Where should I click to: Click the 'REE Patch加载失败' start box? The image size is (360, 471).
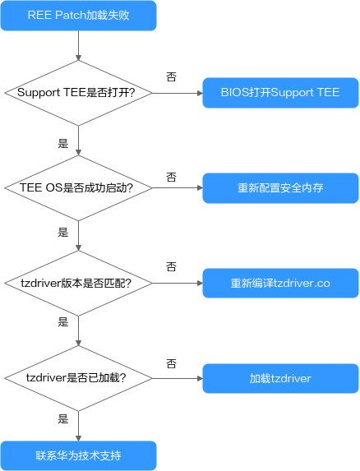point(78,16)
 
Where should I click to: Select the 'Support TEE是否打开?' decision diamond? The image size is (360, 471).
point(78,93)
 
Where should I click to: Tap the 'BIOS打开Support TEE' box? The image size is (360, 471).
point(280,93)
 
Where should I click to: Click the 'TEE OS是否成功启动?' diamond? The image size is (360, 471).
point(78,188)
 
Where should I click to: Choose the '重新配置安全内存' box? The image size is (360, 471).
point(280,188)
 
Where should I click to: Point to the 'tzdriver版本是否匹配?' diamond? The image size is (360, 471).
point(78,284)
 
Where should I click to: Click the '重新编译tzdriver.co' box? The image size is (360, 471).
point(280,284)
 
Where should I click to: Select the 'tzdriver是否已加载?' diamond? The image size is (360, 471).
point(78,378)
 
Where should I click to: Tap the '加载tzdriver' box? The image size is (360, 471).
point(280,378)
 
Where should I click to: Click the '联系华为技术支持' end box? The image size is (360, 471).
point(78,455)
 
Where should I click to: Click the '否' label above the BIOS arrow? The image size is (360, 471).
point(171,77)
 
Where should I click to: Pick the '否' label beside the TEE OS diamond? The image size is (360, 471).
point(171,177)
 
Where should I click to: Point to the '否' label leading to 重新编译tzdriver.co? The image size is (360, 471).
point(171,266)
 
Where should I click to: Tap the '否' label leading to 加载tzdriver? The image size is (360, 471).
point(171,364)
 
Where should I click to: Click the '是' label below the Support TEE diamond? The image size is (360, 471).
point(63,143)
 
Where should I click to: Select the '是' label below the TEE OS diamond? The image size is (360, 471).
point(63,232)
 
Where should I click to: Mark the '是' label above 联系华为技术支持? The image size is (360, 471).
point(63,418)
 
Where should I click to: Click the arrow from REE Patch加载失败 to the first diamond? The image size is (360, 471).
point(78,45)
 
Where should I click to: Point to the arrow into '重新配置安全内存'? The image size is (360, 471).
point(178,188)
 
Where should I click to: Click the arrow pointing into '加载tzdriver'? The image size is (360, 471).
point(178,378)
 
